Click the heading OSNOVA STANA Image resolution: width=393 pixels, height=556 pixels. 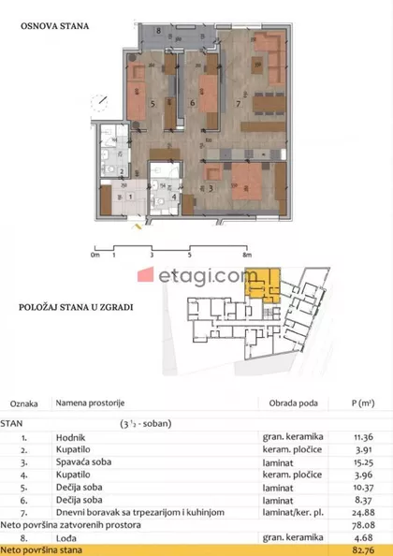tap(55, 27)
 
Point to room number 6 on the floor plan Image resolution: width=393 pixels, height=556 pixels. tap(192, 103)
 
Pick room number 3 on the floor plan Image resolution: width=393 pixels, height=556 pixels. tap(212, 188)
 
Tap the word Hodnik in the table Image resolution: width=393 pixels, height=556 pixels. tap(69, 436)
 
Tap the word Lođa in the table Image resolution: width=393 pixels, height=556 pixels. tap(65, 535)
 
